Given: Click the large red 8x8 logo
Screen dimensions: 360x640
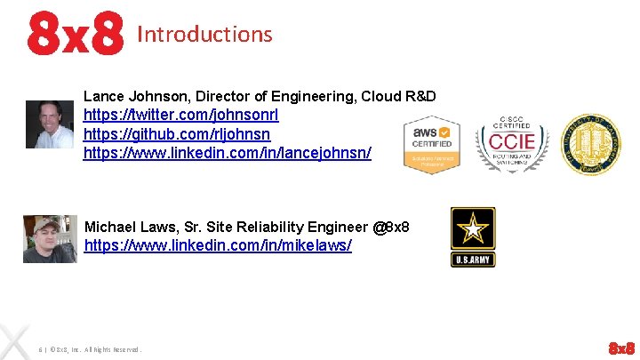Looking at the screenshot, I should (x=75, y=33).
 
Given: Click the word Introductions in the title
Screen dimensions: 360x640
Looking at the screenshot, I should (x=204, y=35).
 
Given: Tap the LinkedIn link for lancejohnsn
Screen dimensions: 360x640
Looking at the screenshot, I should (x=227, y=153).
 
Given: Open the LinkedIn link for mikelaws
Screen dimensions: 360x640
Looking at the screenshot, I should (x=218, y=244).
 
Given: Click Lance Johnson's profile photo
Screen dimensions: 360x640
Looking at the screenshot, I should (x=50, y=124).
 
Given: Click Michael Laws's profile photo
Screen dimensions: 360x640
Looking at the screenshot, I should (x=50, y=238).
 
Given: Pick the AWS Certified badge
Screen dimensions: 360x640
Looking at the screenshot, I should (x=432, y=145).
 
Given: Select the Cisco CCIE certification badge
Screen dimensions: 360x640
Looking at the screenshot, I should (x=512, y=143).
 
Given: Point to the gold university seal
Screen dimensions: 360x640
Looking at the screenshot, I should (x=592, y=143).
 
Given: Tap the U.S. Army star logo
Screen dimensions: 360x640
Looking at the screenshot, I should (x=473, y=236).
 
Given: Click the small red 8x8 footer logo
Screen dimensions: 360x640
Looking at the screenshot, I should (x=621, y=347).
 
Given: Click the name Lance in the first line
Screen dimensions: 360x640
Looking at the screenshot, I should (x=103, y=96).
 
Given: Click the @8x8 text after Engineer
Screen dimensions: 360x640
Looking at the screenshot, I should (x=391, y=228).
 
